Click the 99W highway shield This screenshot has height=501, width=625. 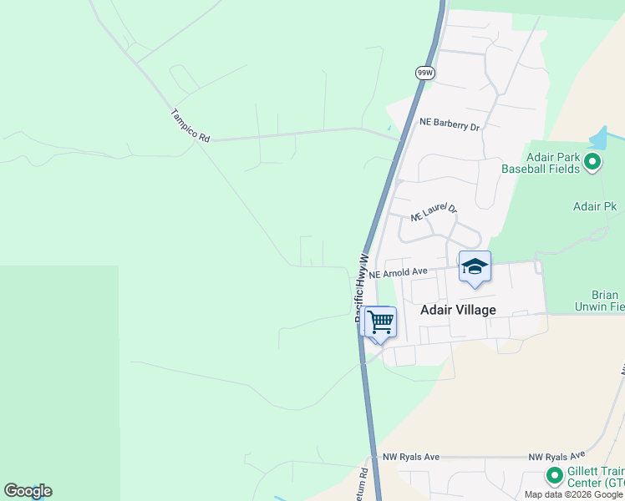[x=424, y=73]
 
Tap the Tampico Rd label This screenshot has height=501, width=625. [x=190, y=126]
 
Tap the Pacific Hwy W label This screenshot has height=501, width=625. [x=362, y=288]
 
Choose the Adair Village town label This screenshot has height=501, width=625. [x=458, y=310]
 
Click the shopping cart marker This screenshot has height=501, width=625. [x=380, y=321]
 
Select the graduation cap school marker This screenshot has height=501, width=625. [x=475, y=267]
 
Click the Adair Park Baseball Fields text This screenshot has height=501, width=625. [x=541, y=162]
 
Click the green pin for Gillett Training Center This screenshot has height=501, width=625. [x=553, y=476]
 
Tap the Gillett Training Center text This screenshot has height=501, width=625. [x=596, y=477]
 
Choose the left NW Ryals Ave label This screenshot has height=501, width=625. [x=411, y=458]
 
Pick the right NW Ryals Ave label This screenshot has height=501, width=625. [x=556, y=458]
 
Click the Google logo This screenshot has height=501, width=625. [x=28, y=491]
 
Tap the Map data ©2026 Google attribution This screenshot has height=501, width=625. [x=574, y=494]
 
